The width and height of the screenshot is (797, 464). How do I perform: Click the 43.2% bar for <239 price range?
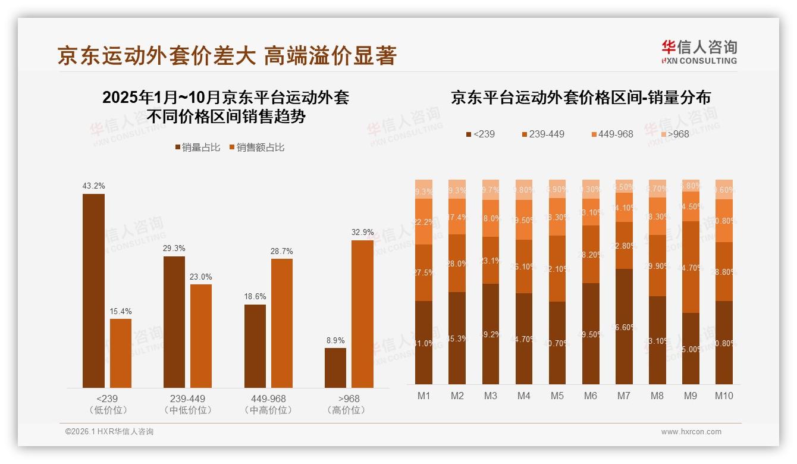(x=93, y=291)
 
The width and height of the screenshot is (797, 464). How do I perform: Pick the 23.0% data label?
(x=201, y=277)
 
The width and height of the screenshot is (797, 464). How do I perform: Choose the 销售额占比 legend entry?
(x=256, y=147)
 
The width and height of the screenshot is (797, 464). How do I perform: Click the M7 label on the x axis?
(x=623, y=396)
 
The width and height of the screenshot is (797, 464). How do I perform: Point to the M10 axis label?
(x=724, y=396)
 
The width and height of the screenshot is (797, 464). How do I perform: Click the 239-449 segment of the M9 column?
(x=691, y=267)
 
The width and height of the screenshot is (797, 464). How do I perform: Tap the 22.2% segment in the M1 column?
(x=424, y=221)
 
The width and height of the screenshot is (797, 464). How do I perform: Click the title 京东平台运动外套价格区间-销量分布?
(x=581, y=98)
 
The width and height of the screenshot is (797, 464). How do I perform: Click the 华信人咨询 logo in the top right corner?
(x=699, y=52)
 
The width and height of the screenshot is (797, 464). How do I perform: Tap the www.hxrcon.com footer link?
(x=691, y=432)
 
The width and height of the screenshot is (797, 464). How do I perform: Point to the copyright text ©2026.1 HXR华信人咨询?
(x=109, y=432)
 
